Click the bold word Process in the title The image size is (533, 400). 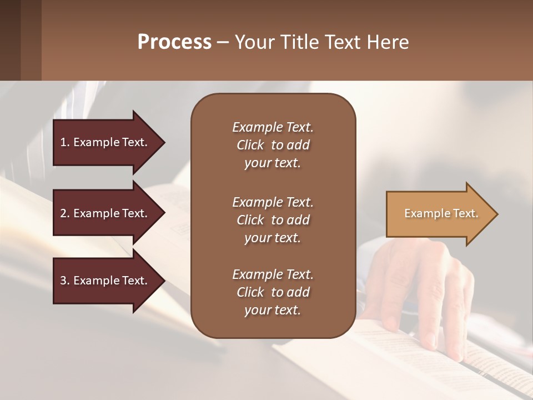(x=174, y=42)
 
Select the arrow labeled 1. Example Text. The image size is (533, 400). (x=105, y=142)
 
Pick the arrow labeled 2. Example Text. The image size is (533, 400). (x=105, y=213)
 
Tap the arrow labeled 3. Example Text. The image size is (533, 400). (x=105, y=281)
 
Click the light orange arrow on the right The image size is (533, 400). (x=439, y=214)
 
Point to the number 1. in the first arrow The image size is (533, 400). (x=65, y=142)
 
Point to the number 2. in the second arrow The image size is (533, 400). (x=65, y=213)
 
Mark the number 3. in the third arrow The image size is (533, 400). (x=65, y=281)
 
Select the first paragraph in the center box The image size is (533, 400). (x=273, y=145)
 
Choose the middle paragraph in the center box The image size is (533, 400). (x=273, y=220)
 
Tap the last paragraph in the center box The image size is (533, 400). (x=273, y=292)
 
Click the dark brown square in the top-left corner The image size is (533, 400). (x=10, y=40)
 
